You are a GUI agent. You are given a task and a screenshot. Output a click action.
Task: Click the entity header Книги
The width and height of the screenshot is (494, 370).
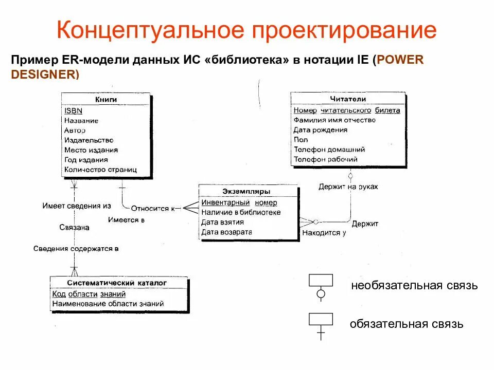(106, 99)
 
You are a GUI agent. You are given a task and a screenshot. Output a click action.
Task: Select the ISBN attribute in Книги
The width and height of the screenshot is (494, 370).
(73, 110)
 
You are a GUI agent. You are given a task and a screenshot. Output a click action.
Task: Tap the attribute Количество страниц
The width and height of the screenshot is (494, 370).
(100, 170)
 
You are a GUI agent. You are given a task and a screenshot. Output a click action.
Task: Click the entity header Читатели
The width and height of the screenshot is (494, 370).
(348, 99)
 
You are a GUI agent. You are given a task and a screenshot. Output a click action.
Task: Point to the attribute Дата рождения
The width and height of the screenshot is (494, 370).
(320, 130)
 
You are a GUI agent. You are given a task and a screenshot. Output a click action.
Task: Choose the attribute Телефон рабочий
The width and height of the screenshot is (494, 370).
(325, 159)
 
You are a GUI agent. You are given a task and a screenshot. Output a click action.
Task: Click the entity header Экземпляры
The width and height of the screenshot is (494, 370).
(246, 191)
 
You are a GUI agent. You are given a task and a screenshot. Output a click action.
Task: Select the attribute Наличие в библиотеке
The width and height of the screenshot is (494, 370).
(241, 212)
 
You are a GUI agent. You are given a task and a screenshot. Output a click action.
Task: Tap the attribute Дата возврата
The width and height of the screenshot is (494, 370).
(222, 232)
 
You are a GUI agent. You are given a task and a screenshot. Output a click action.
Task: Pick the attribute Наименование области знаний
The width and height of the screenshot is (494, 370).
(108, 304)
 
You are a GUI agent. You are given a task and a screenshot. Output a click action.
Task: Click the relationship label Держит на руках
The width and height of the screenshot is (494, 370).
(348, 187)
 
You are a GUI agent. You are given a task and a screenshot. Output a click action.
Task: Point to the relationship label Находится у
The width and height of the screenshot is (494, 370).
(324, 233)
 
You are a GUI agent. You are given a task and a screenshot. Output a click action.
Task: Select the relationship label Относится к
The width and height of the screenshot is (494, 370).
(153, 209)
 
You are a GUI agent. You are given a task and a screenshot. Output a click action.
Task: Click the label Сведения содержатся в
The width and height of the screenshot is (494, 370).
(76, 249)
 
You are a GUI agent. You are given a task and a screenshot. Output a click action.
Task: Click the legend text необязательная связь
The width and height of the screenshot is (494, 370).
(415, 286)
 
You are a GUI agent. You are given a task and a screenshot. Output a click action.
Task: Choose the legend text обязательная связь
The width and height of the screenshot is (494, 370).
(407, 324)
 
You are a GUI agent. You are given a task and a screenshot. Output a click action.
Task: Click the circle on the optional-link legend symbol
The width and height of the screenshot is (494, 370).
(321, 294)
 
